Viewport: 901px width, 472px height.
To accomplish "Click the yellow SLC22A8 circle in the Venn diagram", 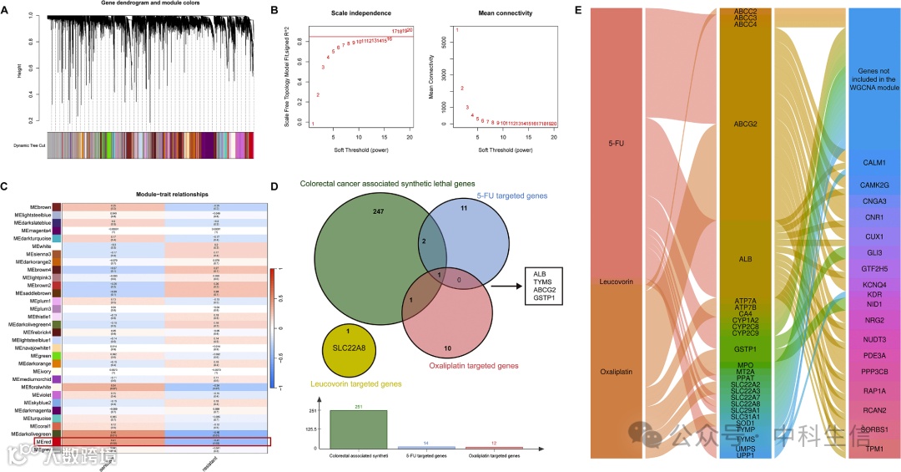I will click(x=352, y=348).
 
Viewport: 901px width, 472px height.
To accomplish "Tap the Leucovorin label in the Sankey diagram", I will click(x=618, y=282).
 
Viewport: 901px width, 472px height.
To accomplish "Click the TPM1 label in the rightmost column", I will click(x=873, y=449).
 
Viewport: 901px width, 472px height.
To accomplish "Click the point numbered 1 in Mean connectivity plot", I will click(x=456, y=30).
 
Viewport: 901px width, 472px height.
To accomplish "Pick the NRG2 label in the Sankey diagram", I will click(x=873, y=321).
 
